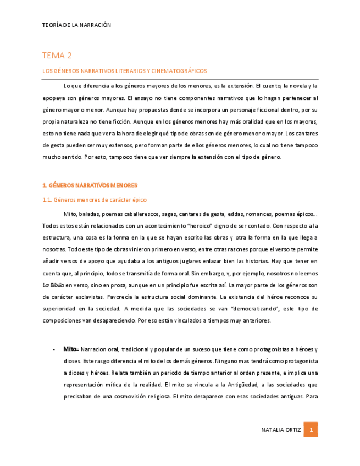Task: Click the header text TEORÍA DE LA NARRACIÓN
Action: [x=76, y=25]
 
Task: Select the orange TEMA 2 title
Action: [x=57, y=56]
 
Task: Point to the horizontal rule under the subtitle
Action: [x=180, y=79]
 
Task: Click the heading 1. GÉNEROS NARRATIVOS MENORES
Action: [x=90, y=186]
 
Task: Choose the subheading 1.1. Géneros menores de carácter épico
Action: [x=95, y=200]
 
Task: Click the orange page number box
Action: [x=311, y=430]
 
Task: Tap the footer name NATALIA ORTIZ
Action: [x=281, y=430]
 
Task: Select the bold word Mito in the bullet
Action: [x=70, y=349]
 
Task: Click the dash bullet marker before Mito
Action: [x=53, y=349]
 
